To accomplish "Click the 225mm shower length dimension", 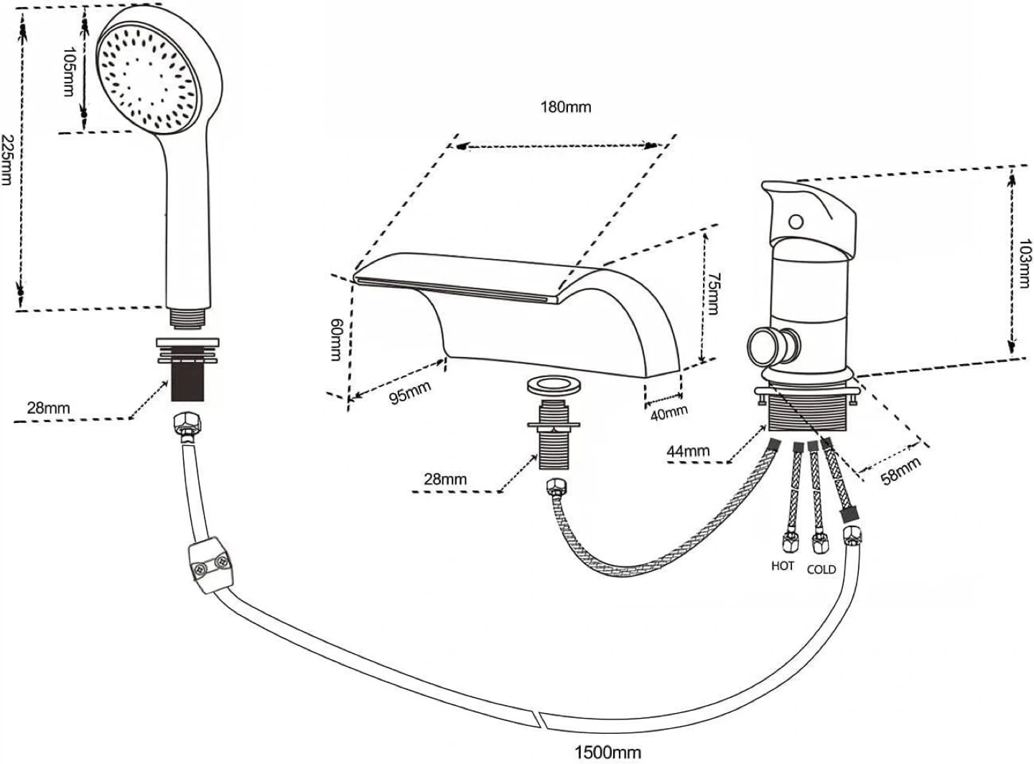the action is click(x=6, y=160).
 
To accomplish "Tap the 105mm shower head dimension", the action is click(x=69, y=71).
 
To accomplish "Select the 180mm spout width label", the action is click(x=566, y=107).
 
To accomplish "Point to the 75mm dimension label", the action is click(x=713, y=294).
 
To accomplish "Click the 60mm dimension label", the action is click(x=335, y=340).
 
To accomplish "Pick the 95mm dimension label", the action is click(x=410, y=393).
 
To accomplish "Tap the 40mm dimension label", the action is click(x=669, y=413).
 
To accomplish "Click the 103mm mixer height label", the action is click(x=1025, y=264).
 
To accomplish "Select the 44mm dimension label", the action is click(x=688, y=451).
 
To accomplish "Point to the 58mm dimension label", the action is click(x=901, y=471).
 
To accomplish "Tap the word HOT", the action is click(x=782, y=566).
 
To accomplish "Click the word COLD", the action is click(x=821, y=569).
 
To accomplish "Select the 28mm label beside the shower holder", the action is click(x=48, y=408).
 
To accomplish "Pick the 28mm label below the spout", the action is click(x=445, y=479).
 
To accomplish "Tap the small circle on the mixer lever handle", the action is click(x=796, y=221).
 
